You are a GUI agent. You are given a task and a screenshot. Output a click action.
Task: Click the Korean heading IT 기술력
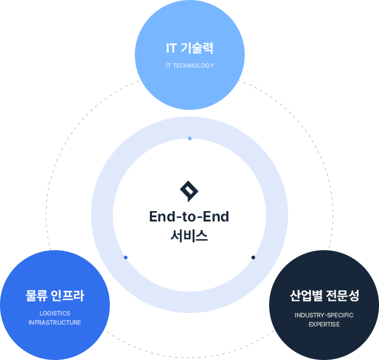190,48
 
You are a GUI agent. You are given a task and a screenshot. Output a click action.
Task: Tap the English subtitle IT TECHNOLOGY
190,65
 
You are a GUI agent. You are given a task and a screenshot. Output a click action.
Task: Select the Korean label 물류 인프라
55,295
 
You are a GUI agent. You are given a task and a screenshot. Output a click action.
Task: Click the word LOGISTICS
55,314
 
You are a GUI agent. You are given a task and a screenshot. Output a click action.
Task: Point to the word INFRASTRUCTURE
55,323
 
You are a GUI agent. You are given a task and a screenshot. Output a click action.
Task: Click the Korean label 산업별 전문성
324,295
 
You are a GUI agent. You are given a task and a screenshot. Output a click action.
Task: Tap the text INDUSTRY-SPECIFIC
324,315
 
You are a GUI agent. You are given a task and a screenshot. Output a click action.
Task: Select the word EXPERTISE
324,324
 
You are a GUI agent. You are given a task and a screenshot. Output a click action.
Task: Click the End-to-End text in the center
189,216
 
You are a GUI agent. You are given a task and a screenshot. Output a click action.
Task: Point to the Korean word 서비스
189,236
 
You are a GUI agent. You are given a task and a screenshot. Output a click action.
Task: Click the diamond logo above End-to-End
189,191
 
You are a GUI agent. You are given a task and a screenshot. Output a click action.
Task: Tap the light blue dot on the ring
190,139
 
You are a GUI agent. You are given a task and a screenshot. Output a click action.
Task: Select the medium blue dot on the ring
126,257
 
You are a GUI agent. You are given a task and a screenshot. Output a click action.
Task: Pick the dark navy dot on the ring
253,257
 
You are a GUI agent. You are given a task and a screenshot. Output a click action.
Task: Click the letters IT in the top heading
171,48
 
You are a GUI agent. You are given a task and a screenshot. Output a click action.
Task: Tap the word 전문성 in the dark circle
342,295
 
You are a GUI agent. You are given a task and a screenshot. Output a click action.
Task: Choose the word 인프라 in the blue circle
68,295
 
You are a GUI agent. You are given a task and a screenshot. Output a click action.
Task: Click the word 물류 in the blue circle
36,295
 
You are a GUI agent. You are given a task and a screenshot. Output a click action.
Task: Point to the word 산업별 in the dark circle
306,295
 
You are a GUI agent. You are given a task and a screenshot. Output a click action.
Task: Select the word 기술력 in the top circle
197,48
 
